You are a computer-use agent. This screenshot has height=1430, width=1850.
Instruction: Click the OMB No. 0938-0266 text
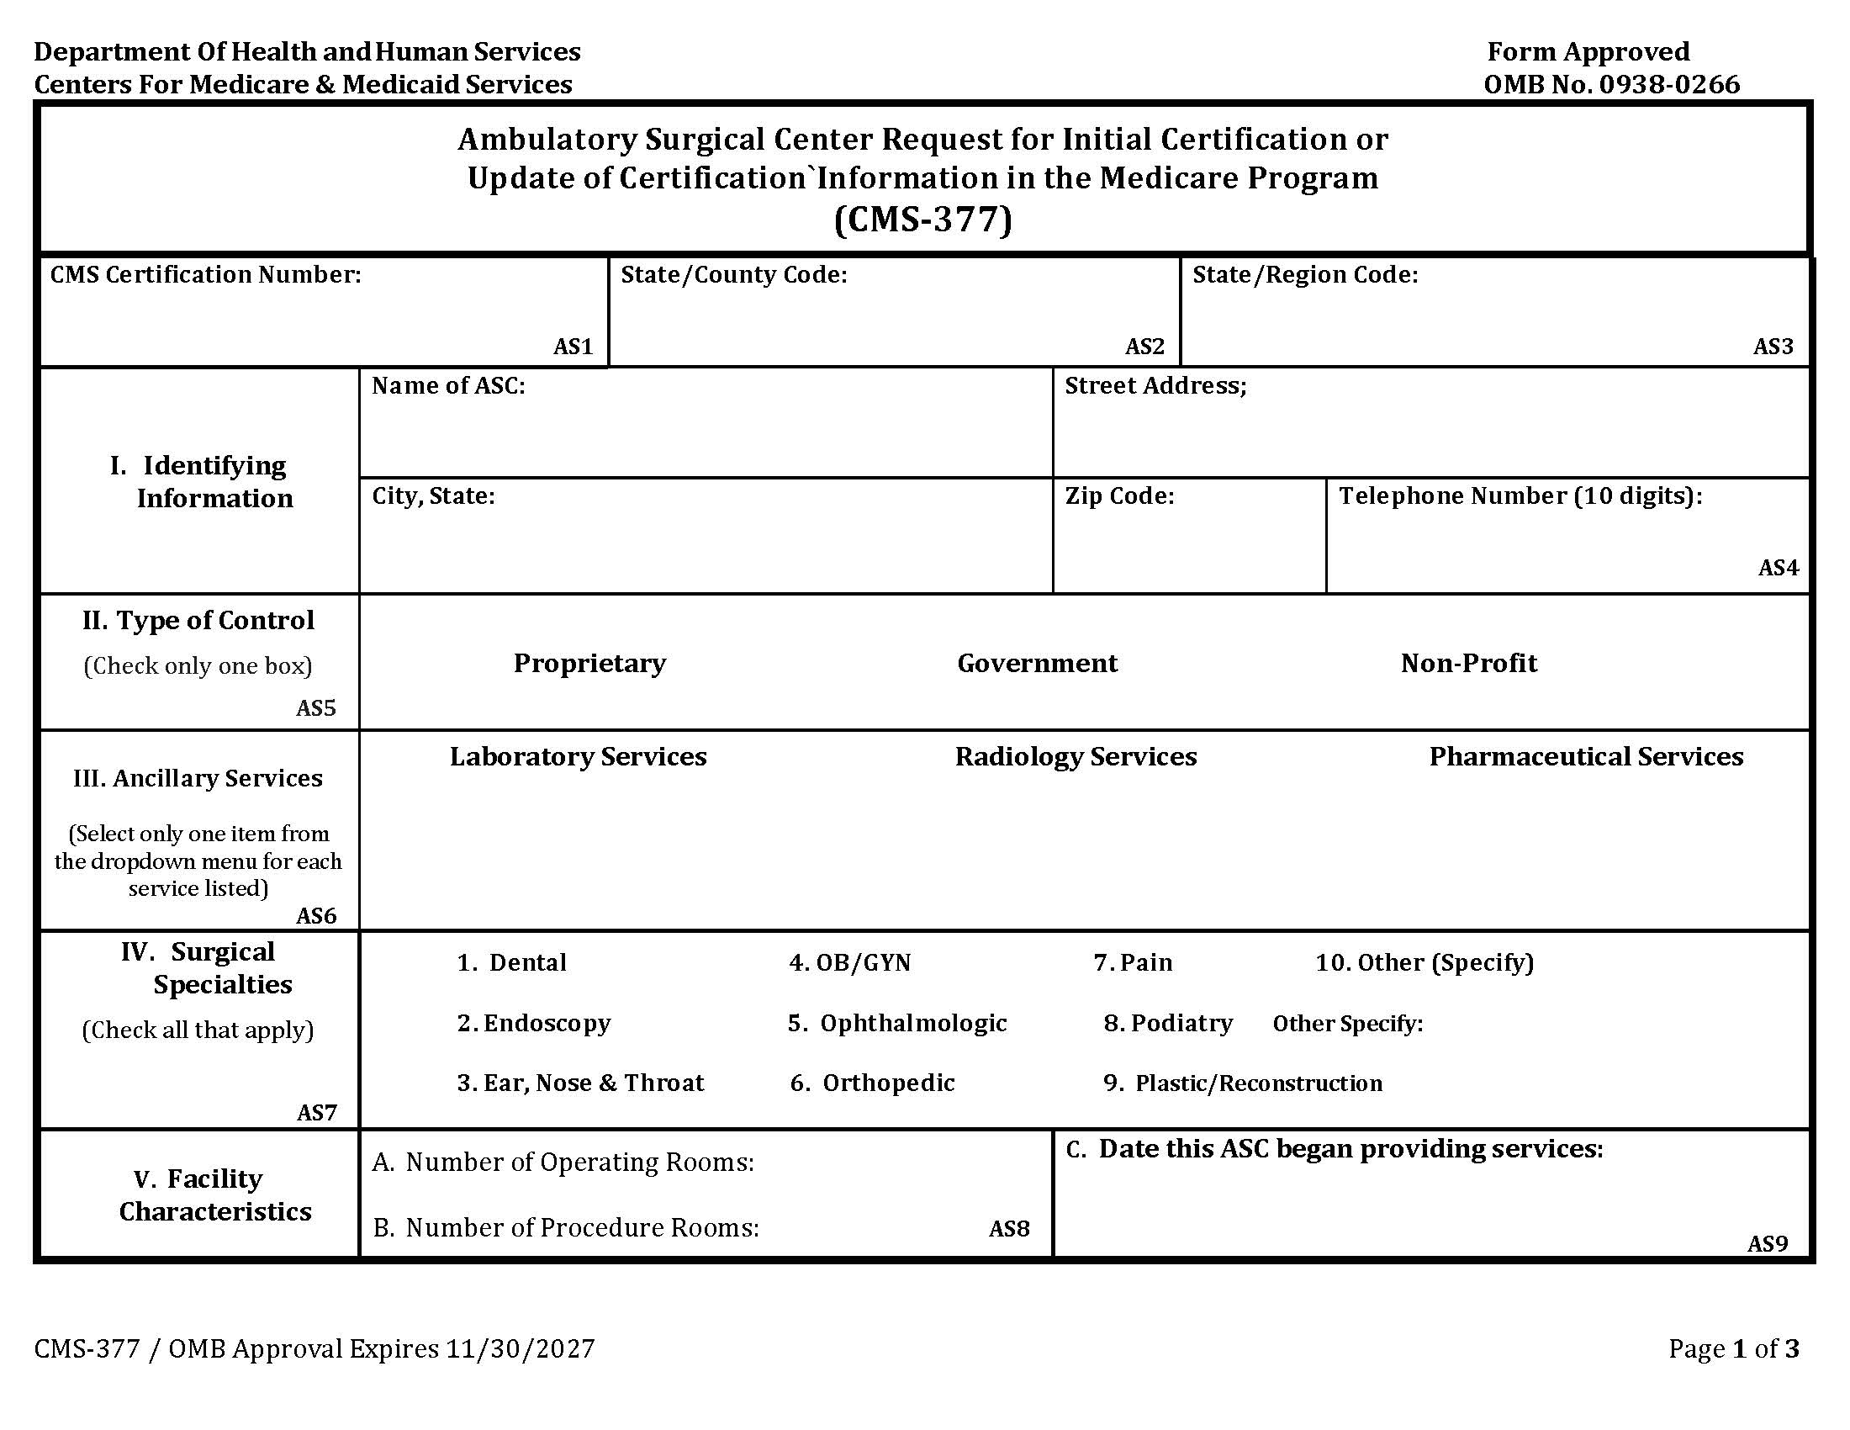[x=1611, y=85]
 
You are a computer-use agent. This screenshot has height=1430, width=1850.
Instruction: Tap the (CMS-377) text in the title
[x=922, y=220]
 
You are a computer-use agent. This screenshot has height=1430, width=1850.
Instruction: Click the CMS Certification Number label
[x=206, y=274]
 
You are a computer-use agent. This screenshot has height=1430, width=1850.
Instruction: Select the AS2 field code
[x=1144, y=347]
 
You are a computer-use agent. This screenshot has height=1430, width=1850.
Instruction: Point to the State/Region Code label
[x=1304, y=274]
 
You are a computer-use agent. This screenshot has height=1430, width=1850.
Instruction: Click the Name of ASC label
[x=448, y=386]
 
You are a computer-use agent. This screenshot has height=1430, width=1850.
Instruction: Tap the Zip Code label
[x=1119, y=496]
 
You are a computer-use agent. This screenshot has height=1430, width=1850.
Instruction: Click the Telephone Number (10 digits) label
[x=1520, y=496]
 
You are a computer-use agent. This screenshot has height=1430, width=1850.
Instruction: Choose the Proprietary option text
[x=589, y=664]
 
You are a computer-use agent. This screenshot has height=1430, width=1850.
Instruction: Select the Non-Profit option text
[x=1468, y=664]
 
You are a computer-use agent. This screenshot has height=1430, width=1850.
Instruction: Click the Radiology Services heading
[x=1076, y=756]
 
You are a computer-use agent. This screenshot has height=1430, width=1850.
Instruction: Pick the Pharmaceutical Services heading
[x=1586, y=756]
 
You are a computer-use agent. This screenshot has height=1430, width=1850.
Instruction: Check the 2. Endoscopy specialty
[x=534, y=1024]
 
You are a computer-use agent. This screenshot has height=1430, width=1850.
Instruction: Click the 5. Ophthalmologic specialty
[x=897, y=1024]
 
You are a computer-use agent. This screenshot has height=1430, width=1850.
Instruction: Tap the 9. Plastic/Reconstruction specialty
[x=1242, y=1083]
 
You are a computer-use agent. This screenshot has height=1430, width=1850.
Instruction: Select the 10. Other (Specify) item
[x=1424, y=963]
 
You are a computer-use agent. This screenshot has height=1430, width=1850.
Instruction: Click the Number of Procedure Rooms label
[x=566, y=1227]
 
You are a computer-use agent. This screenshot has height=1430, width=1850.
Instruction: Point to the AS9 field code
[x=1767, y=1243]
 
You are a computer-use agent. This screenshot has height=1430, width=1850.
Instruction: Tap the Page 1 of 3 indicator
[x=1733, y=1348]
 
